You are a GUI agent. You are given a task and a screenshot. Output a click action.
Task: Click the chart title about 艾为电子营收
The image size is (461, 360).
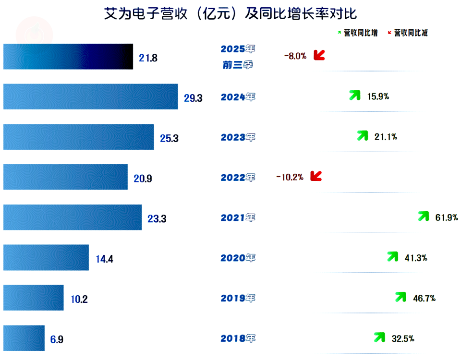click(230, 13)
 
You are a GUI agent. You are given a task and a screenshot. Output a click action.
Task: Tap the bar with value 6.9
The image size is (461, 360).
click(24, 338)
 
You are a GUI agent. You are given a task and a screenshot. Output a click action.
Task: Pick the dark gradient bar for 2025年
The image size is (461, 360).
click(68, 57)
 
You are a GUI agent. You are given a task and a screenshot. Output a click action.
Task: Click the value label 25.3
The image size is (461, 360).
click(169, 138)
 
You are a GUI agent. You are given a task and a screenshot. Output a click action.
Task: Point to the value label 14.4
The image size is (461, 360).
click(104, 259)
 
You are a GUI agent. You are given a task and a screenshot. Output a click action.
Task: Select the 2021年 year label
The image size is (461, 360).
click(238, 217)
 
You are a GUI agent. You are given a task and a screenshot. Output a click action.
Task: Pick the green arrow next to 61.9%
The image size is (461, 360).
click(423, 216)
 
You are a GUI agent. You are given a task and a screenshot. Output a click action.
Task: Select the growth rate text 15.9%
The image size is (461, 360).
click(378, 96)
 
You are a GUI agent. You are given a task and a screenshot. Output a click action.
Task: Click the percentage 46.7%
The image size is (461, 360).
click(424, 298)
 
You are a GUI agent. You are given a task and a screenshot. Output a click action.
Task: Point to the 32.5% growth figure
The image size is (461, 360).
click(402, 338)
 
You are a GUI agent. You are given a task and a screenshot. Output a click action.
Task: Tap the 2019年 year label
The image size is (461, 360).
click(238, 298)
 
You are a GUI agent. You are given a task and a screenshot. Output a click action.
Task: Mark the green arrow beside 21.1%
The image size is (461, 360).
click(363, 136)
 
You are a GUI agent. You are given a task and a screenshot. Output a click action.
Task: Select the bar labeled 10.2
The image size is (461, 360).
click(33, 298)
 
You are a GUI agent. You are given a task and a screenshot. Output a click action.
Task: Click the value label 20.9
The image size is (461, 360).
click(143, 179)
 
